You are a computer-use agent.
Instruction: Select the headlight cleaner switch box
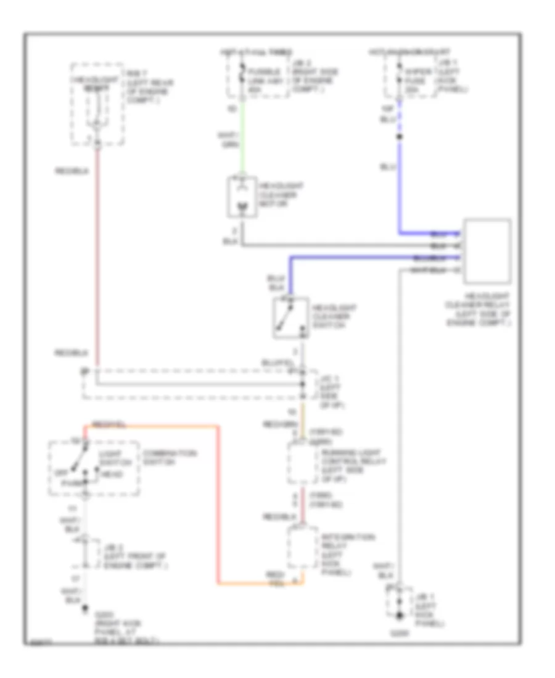[x=291, y=318]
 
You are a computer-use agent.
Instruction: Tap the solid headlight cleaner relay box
[x=487, y=250]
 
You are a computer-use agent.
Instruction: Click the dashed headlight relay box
[x=96, y=104]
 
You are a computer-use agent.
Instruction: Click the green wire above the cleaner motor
[x=241, y=136]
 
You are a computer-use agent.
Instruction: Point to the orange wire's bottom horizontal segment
[x=259, y=582]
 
